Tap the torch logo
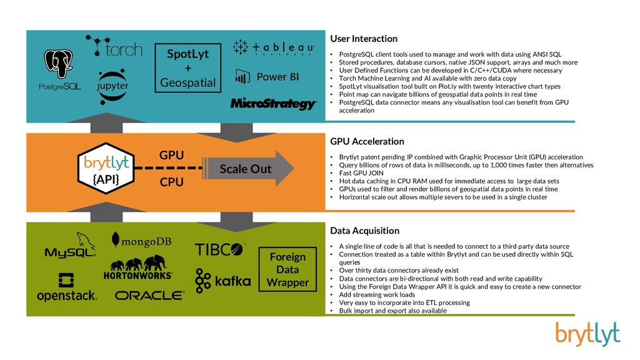[x=114, y=46]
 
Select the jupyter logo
[x=112, y=86]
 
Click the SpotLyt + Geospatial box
[x=187, y=67]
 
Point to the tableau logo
[x=274, y=47]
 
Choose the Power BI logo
[x=267, y=77]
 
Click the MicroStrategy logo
[x=273, y=104]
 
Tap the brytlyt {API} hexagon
[x=106, y=168]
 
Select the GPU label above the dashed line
[x=171, y=155]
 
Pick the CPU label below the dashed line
[x=171, y=182]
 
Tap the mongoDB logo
[x=141, y=241]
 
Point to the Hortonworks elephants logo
[x=138, y=267]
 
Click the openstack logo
[x=66, y=287]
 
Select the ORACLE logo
[x=149, y=296]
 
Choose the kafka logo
[x=223, y=281]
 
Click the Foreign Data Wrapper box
[x=287, y=269]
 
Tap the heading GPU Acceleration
[x=367, y=142]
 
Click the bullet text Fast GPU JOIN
[x=361, y=173]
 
